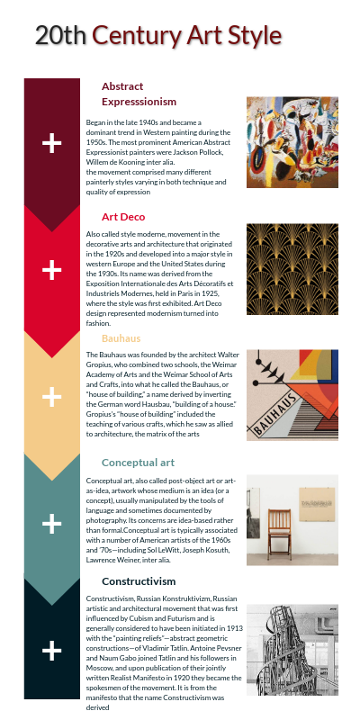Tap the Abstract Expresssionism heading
pos(139,94)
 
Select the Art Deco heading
pos(123,217)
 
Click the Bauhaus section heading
pos(121,338)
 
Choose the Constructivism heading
pos(139,581)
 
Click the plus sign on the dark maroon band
pos(52,142)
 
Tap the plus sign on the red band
pos(52,269)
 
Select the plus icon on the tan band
pos(52,396)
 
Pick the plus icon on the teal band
pos(52,523)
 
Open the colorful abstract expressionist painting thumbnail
pos(292,142)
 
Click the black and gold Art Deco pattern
pos(292,269)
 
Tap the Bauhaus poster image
pos(292,394)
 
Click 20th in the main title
pos(60,36)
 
